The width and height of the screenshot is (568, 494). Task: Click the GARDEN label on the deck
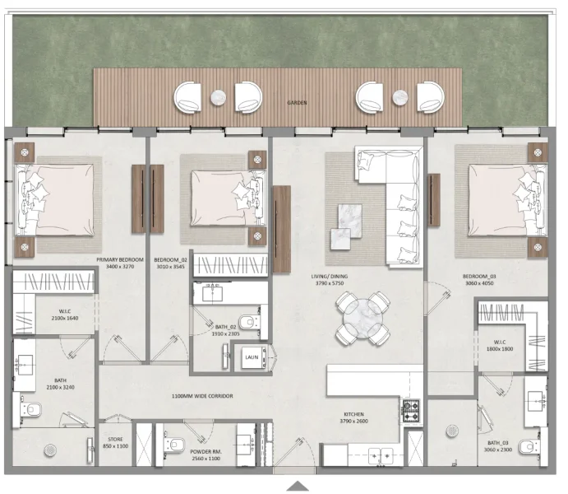(x=297, y=103)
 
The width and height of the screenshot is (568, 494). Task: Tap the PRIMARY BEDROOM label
(x=120, y=260)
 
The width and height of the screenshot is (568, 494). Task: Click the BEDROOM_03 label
(x=479, y=277)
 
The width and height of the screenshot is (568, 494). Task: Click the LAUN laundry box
(x=251, y=357)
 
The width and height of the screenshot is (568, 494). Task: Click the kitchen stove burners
(x=410, y=408)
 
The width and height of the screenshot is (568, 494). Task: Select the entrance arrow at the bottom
(x=298, y=487)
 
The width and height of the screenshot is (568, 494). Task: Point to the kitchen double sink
(x=381, y=453)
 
